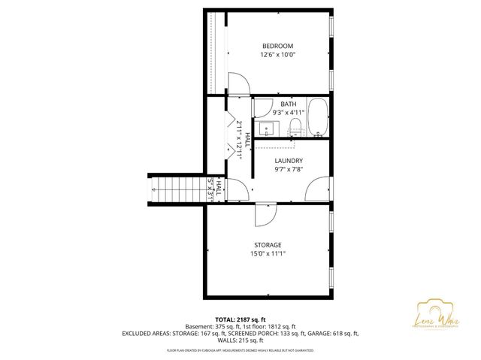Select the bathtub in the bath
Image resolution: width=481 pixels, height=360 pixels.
click(x=319, y=119)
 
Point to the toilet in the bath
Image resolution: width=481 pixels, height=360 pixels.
click(x=295, y=126)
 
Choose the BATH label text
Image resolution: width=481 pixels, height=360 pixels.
click(x=288, y=104)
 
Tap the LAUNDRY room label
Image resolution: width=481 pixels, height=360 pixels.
click(x=289, y=161)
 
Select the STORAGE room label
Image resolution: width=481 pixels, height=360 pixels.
click(x=268, y=245)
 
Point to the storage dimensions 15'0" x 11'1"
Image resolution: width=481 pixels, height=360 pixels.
click(x=268, y=255)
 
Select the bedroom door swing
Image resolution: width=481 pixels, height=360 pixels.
click(x=235, y=84)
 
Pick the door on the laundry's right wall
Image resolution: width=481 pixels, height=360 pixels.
click(x=318, y=188)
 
